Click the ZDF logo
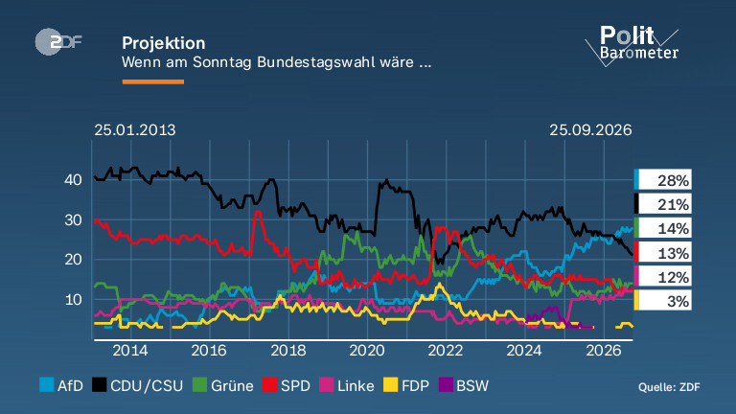pos(58,42)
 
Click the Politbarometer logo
pos(632,46)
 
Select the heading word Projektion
pos(163,43)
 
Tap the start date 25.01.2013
pos(135,130)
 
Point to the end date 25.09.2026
pos(590,130)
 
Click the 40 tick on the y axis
pos(73,180)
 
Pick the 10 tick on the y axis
pos(73,299)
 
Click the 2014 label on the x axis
pos(130,351)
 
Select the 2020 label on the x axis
pos(367,351)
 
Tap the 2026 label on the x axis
pos(604,351)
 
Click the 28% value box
pos(663,180)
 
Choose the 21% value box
pos(663,204)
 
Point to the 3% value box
pos(663,300)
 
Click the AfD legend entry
pos(61,386)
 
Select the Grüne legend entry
pos(223,386)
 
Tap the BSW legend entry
pos(464,386)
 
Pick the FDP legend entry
pos(406,386)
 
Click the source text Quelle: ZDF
pos(669,387)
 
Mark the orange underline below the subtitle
pos(153,81)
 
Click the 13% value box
pos(663,253)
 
